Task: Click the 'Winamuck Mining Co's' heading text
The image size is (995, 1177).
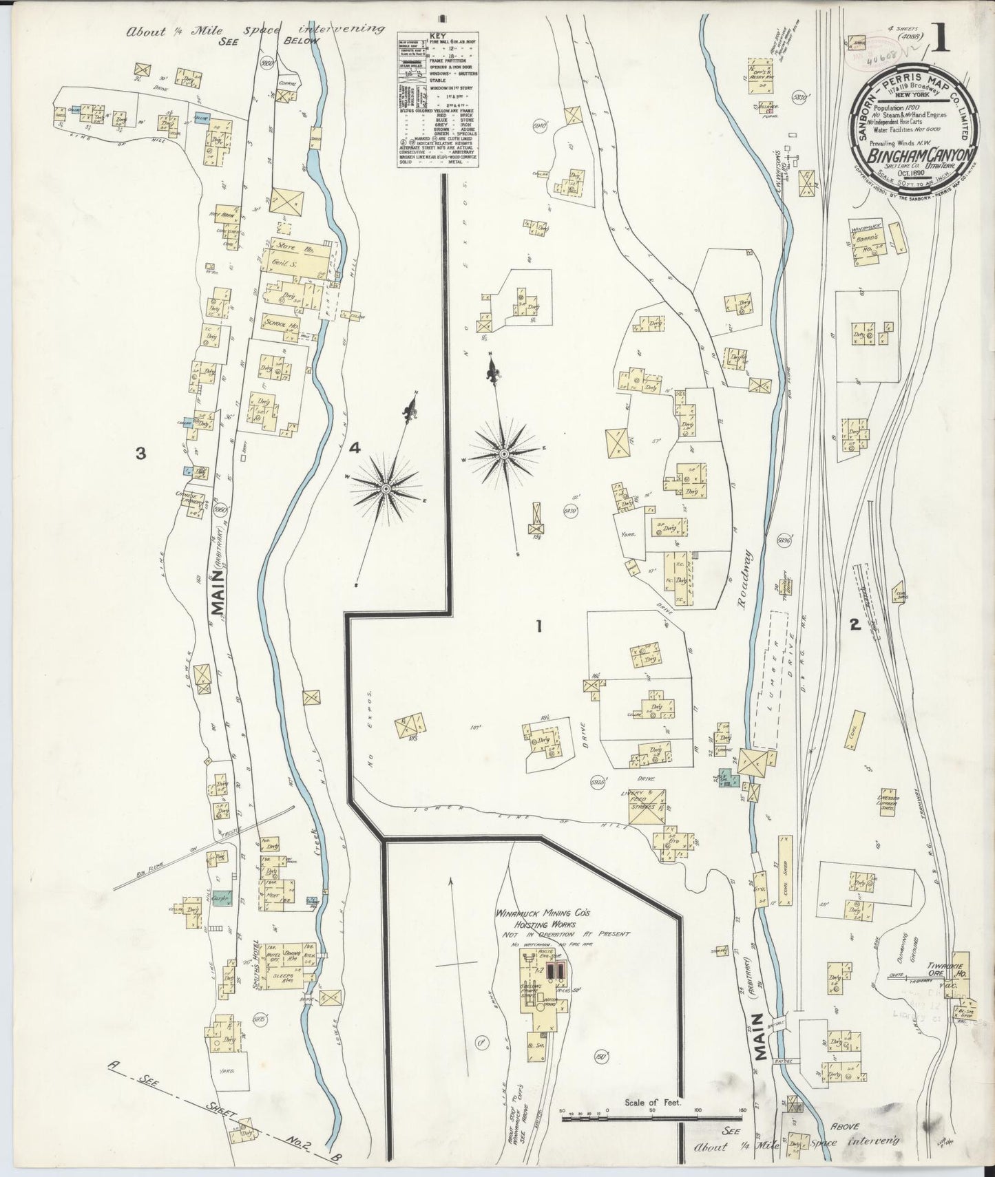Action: (x=548, y=913)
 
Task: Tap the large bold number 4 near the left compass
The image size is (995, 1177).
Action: (x=355, y=448)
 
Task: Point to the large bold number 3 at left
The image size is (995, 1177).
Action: (x=140, y=453)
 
